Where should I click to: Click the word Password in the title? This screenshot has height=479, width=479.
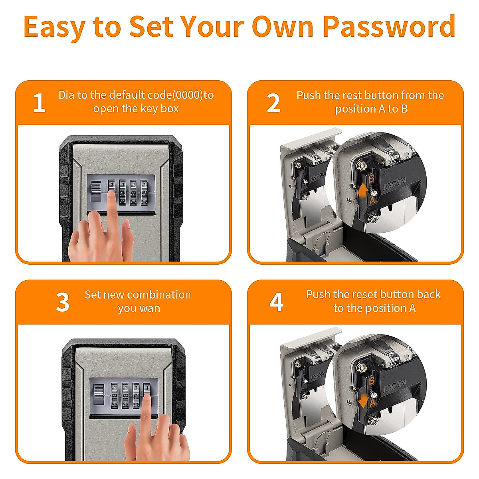click(x=389, y=27)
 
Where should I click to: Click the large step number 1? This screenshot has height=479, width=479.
click(x=39, y=103)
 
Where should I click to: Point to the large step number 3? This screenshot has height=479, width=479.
click(x=62, y=302)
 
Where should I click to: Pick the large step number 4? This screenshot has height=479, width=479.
click(x=276, y=302)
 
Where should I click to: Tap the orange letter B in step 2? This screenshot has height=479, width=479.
click(x=371, y=179)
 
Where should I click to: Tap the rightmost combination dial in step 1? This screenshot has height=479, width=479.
click(x=144, y=192)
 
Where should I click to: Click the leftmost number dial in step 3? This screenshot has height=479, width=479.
click(x=115, y=396)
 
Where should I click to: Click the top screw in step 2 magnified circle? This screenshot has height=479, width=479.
click(x=360, y=165)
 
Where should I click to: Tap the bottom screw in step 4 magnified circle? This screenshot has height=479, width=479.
click(x=373, y=420)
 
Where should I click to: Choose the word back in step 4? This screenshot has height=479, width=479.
click(x=429, y=295)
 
